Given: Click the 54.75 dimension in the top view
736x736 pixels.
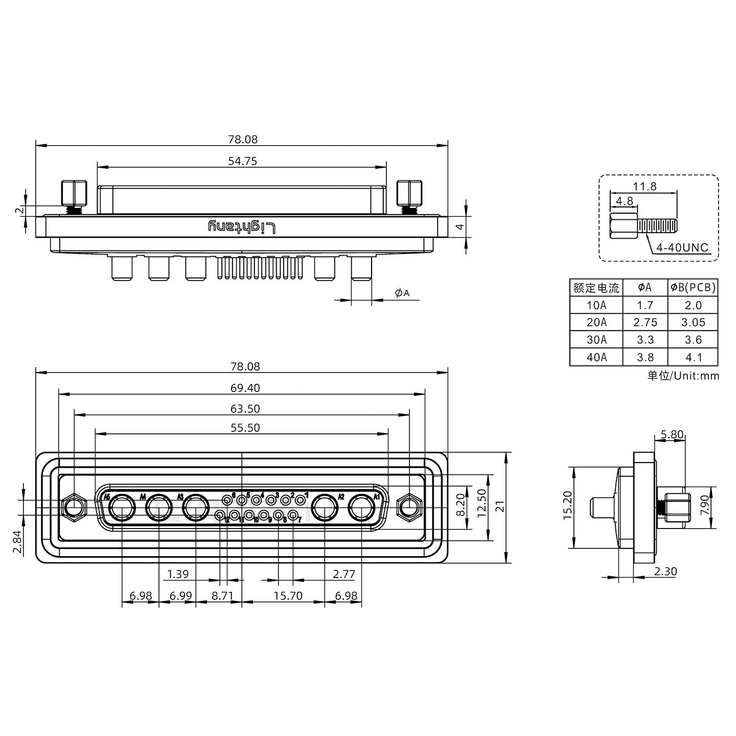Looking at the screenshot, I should [242, 162].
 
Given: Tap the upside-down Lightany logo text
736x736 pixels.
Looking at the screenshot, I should [242, 227].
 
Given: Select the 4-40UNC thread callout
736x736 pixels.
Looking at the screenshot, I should [682, 248].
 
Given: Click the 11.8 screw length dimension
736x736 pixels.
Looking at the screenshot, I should [645, 187].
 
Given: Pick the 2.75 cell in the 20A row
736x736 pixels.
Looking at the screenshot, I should [645, 323].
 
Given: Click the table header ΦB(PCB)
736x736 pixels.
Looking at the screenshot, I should [693, 288].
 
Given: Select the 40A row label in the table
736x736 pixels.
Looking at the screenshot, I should [596, 357].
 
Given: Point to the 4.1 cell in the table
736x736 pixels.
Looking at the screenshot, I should [693, 357].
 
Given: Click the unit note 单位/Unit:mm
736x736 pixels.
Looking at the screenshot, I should [683, 376].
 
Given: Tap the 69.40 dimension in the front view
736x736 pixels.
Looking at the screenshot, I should [245, 388].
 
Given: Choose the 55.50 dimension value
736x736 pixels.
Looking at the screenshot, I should [245, 428].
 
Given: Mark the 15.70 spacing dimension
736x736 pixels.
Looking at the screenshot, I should [288, 596].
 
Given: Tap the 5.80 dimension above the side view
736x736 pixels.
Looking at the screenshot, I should [672, 435].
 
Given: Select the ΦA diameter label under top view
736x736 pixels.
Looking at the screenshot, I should [402, 293].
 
